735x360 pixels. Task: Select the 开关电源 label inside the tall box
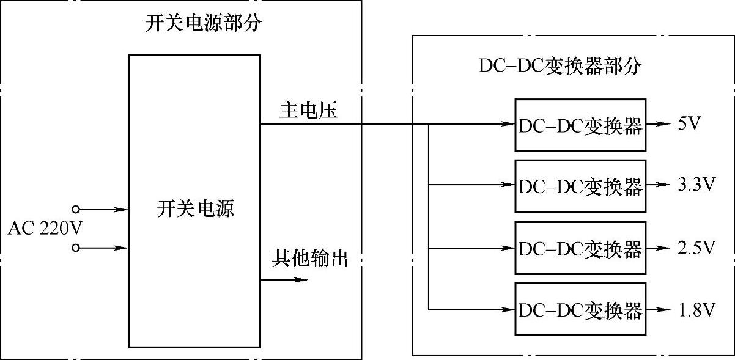pyautogui.click(x=195, y=210)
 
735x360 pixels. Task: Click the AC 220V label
pyautogui.click(x=45, y=229)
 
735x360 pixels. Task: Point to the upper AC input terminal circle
pyautogui.click(x=76, y=210)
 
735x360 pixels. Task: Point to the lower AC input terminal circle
pyautogui.click(x=76, y=248)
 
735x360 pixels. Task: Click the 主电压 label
pyautogui.click(x=308, y=110)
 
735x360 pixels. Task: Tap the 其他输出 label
pyautogui.click(x=309, y=259)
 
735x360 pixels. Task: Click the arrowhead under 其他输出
pyautogui.click(x=300, y=280)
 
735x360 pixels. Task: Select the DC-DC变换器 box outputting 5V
pyautogui.click(x=580, y=125)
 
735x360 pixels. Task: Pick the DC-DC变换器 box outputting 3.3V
pyautogui.click(x=580, y=186)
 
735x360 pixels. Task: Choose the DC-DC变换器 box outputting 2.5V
pyautogui.click(x=580, y=248)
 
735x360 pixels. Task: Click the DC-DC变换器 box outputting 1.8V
pyautogui.click(x=580, y=309)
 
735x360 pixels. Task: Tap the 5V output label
pyautogui.click(x=689, y=124)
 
